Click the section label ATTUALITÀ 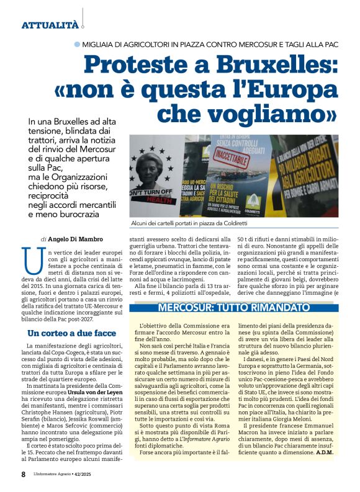[x=50, y=25]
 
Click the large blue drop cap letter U [x=27, y=257]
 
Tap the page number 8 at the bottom [x=23, y=474]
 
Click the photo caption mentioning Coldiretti [x=189, y=223]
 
